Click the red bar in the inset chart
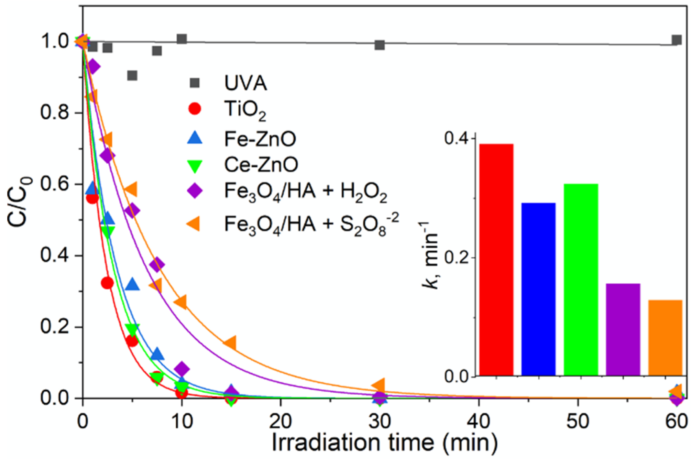(x=496, y=260)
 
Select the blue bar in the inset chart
(x=538, y=289)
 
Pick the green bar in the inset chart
(x=581, y=279)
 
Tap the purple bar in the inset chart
(x=623, y=329)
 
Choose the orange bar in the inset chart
(x=665, y=337)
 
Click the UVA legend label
(x=245, y=83)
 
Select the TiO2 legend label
(x=245, y=110)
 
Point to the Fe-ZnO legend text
(x=260, y=139)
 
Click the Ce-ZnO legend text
(x=261, y=164)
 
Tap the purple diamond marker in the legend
(x=195, y=190)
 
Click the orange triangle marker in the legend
(x=194, y=224)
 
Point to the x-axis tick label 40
(x=479, y=421)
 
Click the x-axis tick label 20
(x=281, y=421)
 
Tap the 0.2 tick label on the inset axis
(x=457, y=258)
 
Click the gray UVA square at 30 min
(x=380, y=45)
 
